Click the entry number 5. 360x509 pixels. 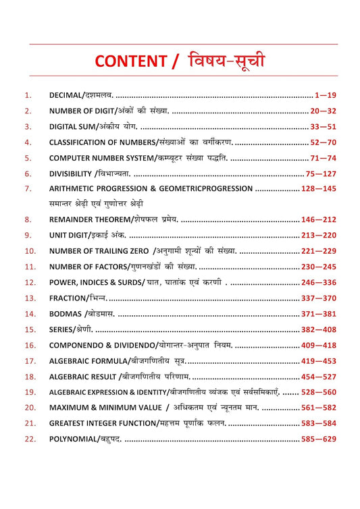click(x=27, y=158)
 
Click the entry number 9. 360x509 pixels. click(x=27, y=235)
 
